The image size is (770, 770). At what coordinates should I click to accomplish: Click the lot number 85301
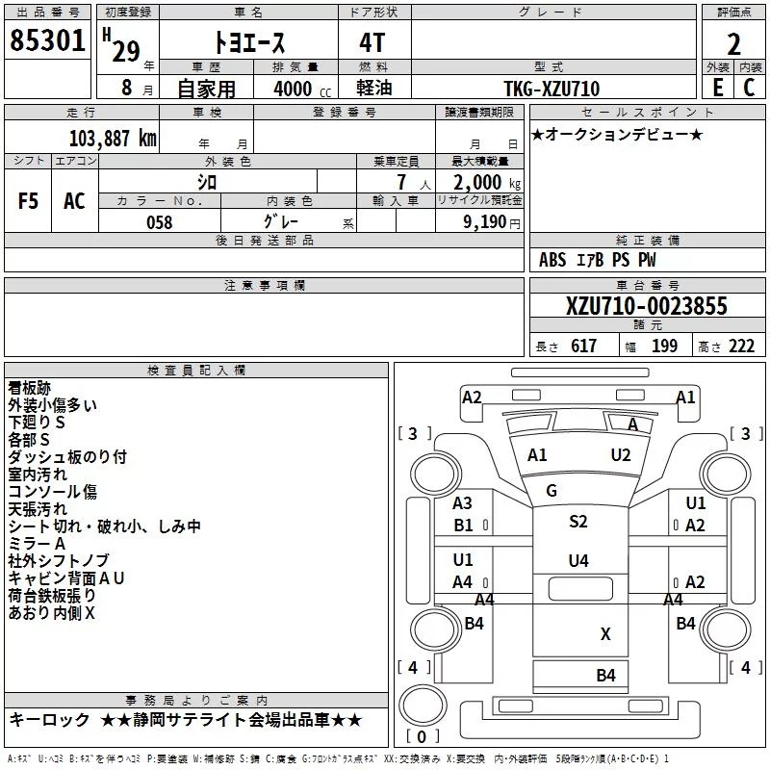[x=47, y=40]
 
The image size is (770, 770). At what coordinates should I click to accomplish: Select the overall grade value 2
[x=733, y=44]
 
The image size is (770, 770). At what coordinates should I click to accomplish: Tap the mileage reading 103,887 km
[x=113, y=139]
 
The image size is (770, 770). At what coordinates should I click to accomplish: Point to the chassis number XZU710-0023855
[x=647, y=306]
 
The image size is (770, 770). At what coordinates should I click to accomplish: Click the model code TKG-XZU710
[x=552, y=89]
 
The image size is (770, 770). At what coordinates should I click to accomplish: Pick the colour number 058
[x=160, y=222]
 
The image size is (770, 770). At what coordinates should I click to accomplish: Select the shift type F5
[x=28, y=201]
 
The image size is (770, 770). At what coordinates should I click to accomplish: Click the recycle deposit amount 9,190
[x=485, y=222]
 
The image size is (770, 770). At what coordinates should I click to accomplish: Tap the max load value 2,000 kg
[x=487, y=183]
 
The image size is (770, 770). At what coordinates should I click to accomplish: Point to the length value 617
[x=584, y=346]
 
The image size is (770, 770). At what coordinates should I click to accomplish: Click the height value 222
[x=741, y=346]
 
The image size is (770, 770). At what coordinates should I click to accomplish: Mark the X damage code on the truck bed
[x=605, y=634]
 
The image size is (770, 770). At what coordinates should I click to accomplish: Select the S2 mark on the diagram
[x=578, y=521]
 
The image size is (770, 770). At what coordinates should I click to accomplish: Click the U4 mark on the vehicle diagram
[x=578, y=560]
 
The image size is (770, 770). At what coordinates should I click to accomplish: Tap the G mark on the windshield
[x=552, y=491]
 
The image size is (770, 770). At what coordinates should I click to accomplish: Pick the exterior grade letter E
[x=718, y=88]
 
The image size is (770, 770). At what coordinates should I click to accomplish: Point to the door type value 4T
[x=372, y=43]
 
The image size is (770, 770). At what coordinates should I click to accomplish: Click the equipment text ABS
[x=552, y=260]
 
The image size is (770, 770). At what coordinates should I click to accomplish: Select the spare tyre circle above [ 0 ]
[x=423, y=705]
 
